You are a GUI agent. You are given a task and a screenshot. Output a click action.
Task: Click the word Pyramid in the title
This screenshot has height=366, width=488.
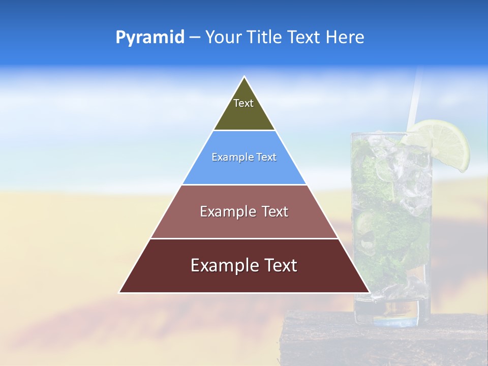[x=149, y=38]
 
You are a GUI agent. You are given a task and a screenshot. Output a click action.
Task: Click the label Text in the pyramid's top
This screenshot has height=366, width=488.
[x=243, y=103]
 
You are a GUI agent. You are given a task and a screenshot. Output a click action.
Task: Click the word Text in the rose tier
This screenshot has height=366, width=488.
[x=271, y=211]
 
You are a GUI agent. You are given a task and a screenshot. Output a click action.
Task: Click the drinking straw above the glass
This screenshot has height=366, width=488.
[x=415, y=97]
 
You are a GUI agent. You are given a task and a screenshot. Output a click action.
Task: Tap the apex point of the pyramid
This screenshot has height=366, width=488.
[x=245, y=77]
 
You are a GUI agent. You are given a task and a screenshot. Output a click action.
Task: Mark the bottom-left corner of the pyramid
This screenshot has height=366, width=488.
[x=119, y=292]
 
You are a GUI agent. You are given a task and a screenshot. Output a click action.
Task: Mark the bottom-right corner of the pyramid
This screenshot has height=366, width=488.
[x=370, y=292]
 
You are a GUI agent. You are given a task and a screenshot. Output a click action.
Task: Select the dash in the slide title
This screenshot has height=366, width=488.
[x=195, y=38]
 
